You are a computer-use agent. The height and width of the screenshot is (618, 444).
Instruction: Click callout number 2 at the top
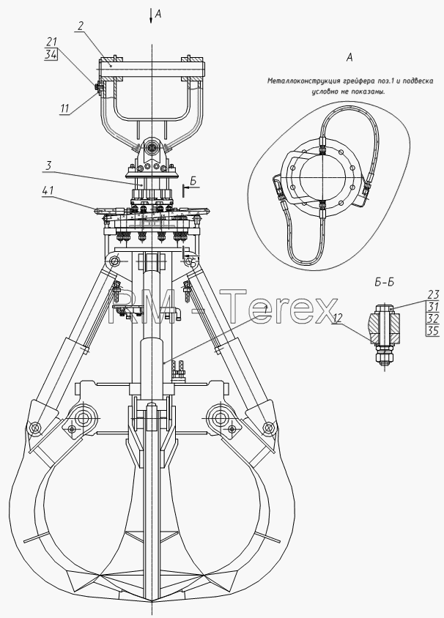click(x=80, y=26)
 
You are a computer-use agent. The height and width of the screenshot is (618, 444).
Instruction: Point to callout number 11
click(x=64, y=108)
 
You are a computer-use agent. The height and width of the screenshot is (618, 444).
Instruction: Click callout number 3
click(x=48, y=165)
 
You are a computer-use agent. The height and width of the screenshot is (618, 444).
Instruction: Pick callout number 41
click(x=48, y=191)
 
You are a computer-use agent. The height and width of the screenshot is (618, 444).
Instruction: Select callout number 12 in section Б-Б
click(x=337, y=318)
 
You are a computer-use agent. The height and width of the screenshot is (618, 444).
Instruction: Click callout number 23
click(x=433, y=294)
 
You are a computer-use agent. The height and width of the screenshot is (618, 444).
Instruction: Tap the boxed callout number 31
click(x=433, y=307)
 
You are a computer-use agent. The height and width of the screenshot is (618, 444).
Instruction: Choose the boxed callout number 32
click(x=433, y=319)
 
